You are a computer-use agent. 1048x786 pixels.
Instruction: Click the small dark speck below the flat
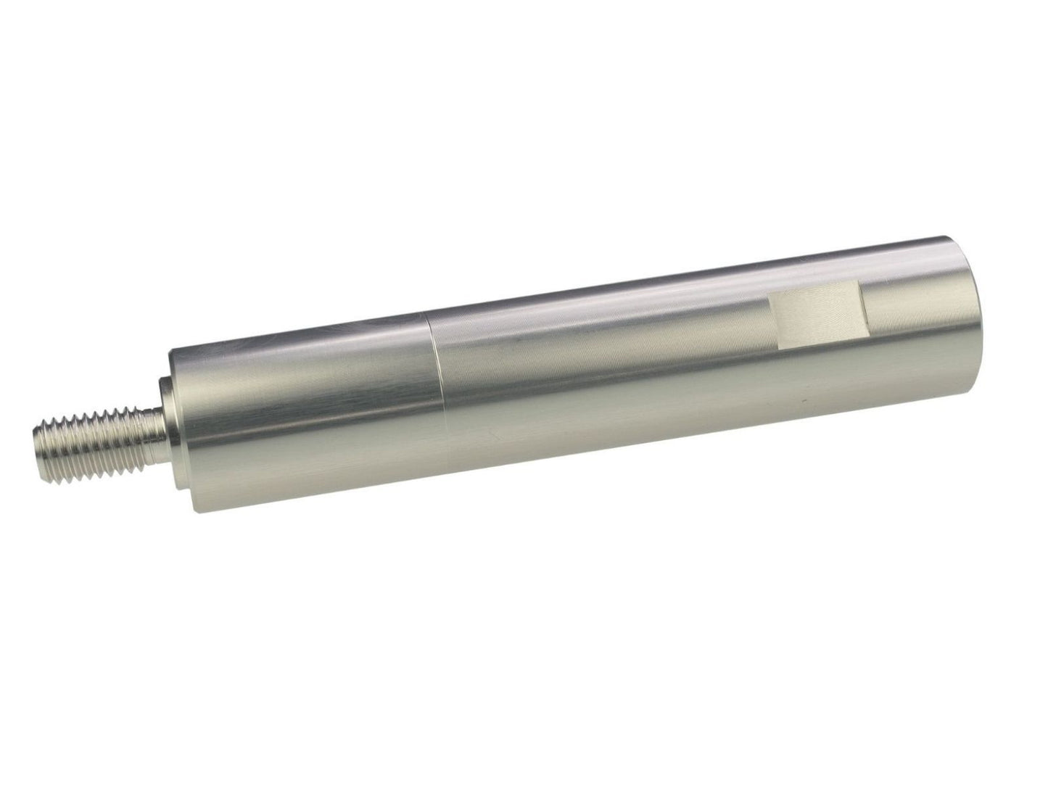click(x=802, y=402)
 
